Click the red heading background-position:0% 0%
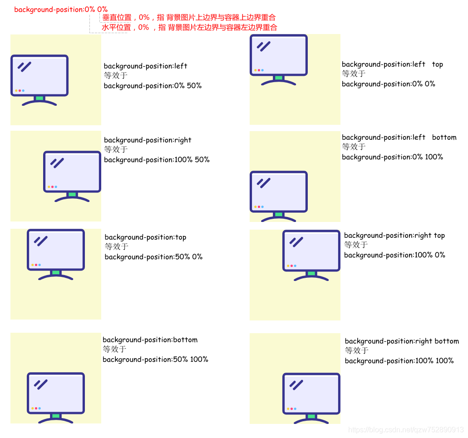click(61, 10)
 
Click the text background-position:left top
click(392, 64)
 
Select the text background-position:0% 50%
click(153, 86)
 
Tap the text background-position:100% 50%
click(157, 160)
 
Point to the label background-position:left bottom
click(399, 138)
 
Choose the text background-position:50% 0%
click(153, 257)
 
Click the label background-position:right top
click(394, 236)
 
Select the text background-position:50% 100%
click(155, 359)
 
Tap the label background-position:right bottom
click(402, 341)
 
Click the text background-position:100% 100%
click(399, 361)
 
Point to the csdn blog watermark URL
click(406, 430)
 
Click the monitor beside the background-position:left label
click(39, 80)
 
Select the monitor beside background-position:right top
click(311, 256)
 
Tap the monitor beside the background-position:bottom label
click(56, 398)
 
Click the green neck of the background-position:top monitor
click(56, 272)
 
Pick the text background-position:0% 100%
click(392, 157)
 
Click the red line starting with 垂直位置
click(189, 18)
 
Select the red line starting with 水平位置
click(189, 28)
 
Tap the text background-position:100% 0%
click(394, 256)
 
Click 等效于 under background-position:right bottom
click(356, 350)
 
